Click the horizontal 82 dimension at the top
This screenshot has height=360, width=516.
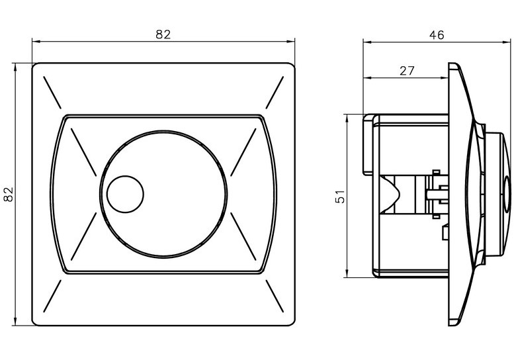pyautogui.click(x=163, y=34)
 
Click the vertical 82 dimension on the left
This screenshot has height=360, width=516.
pyautogui.click(x=9, y=194)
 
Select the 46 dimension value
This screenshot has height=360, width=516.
pyautogui.click(x=437, y=34)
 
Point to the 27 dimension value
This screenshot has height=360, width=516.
pyautogui.click(x=407, y=70)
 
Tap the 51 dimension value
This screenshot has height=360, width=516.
pyautogui.click(x=340, y=196)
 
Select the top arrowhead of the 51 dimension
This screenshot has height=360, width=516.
pyautogui.click(x=346, y=117)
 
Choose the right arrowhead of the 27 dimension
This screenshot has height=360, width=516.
pyautogui.click(x=445, y=78)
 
